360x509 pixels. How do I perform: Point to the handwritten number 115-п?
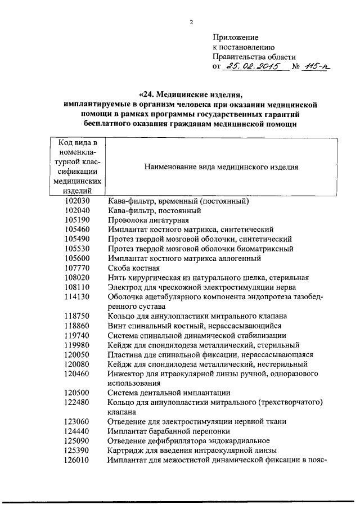(x=316, y=66)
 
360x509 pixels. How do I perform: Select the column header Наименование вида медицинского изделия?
(x=221, y=167)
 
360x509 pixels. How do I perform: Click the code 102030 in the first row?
(x=77, y=201)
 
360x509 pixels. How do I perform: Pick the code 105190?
(x=77, y=220)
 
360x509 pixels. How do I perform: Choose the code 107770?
(x=77, y=268)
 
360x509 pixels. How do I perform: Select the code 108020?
(x=77, y=278)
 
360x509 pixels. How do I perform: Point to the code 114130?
(x=77, y=297)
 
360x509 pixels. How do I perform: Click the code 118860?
(x=77, y=326)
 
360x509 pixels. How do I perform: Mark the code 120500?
(x=77, y=393)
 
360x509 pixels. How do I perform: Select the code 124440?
(x=77, y=431)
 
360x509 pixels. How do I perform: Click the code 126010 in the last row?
(x=77, y=460)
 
